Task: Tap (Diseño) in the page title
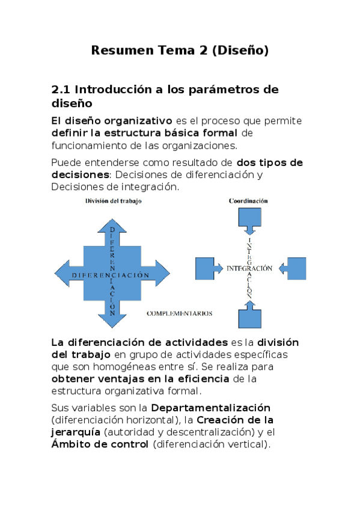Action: pos(239,51)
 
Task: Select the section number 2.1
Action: pos(61,90)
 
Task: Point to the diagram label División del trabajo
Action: pos(113,201)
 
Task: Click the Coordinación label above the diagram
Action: pos(248,201)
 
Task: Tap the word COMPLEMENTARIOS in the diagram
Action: pos(180,313)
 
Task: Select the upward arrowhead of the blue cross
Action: pos(112,225)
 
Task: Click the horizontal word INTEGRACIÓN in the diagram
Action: pos(249,268)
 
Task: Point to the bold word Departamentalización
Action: pos(210,407)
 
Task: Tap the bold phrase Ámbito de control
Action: pos(100,444)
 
